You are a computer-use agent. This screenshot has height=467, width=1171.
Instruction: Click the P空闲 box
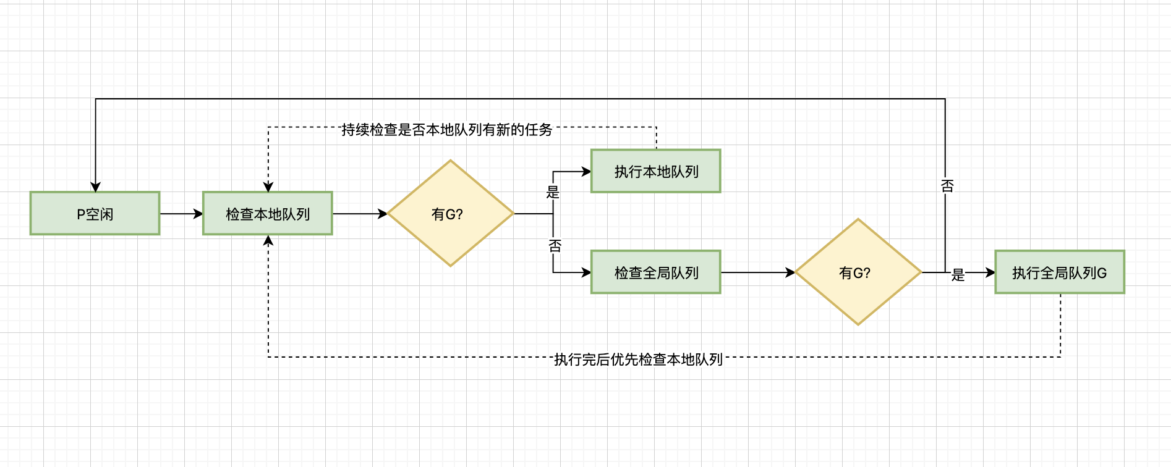coord(95,214)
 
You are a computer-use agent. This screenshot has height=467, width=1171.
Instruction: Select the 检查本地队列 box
coord(268,214)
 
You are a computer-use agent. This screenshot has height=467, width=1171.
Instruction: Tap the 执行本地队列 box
coord(656,171)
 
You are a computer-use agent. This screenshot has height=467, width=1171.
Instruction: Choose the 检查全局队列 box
coord(656,272)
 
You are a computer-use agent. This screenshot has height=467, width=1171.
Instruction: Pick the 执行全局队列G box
coord(1059,272)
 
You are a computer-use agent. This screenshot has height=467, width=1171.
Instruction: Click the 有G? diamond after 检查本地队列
coord(451,214)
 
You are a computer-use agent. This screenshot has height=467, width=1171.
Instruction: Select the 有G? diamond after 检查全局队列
coord(858,272)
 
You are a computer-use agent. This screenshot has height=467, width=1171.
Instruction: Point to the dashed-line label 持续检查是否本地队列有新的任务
coord(446,130)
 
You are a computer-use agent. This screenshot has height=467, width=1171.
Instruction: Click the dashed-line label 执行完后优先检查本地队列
coord(638,359)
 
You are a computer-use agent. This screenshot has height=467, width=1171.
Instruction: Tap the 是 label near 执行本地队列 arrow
coord(553,192)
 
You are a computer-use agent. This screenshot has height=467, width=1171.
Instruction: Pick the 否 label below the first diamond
coord(555,246)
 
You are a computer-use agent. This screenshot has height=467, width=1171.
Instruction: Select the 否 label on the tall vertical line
coord(947,185)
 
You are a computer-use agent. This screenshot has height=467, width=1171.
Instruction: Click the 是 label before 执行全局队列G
coord(958,274)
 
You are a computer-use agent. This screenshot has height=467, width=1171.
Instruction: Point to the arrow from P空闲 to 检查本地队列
coord(181,214)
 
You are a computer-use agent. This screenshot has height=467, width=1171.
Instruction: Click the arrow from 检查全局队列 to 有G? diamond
coord(757,272)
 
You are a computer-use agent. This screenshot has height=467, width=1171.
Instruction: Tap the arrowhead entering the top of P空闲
coord(95,187)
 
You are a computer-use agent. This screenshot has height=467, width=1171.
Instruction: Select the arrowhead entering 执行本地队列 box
coord(586,171)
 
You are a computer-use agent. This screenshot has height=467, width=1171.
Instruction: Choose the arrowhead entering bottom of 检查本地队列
coord(268,241)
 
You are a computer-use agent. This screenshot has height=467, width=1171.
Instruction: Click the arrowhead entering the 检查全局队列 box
coord(586,272)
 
